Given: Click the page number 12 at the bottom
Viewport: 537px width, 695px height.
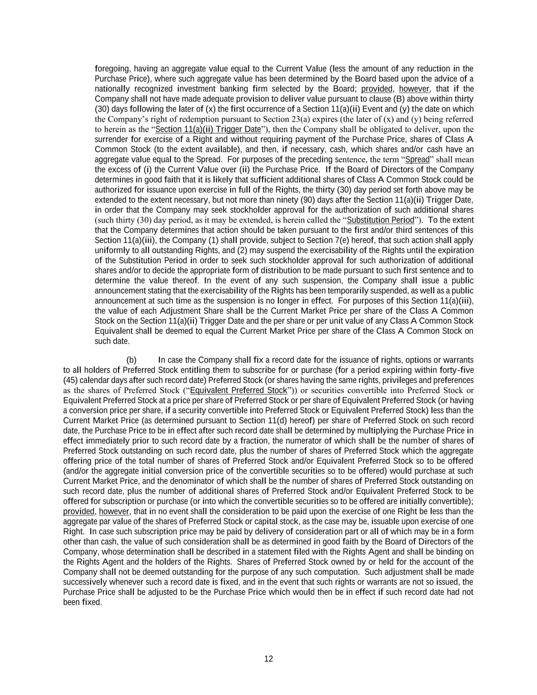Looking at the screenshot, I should click(x=268, y=659).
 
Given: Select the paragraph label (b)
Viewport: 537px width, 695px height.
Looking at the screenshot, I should click(x=131, y=360).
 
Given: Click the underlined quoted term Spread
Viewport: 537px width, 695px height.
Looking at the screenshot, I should click(x=417, y=159).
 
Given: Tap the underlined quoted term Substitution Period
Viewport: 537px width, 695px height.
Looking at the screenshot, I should click(x=380, y=220).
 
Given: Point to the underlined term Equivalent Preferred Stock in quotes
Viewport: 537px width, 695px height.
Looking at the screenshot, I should click(x=238, y=391).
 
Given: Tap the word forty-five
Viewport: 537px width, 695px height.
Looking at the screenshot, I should click(x=457, y=370).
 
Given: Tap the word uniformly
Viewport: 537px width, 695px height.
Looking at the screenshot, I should click(x=111, y=250).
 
